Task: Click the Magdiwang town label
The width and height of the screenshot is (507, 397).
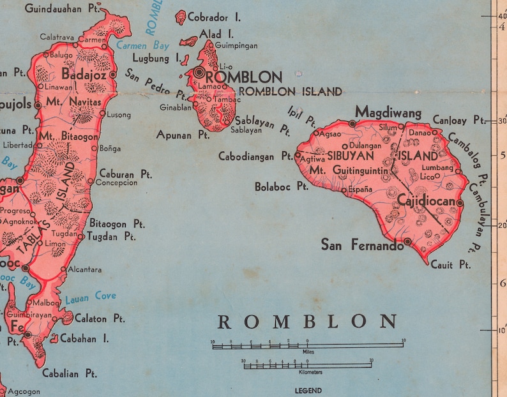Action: [x=388, y=112]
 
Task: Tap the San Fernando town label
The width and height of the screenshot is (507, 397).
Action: [x=362, y=244]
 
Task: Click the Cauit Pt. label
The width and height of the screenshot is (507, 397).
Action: [x=450, y=264]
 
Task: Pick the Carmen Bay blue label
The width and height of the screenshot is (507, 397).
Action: [x=143, y=45]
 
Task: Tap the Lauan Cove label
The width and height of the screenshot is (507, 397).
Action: [x=91, y=296]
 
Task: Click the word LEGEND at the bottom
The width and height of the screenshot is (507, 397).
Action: [x=308, y=390]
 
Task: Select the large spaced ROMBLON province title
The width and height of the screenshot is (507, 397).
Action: [x=307, y=321]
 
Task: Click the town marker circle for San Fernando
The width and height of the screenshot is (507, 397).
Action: [x=407, y=241]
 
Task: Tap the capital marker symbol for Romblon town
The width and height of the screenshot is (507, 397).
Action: [x=201, y=73]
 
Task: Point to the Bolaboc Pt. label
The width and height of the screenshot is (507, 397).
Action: [x=282, y=187]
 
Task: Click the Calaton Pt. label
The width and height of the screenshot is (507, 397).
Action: [x=100, y=318]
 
